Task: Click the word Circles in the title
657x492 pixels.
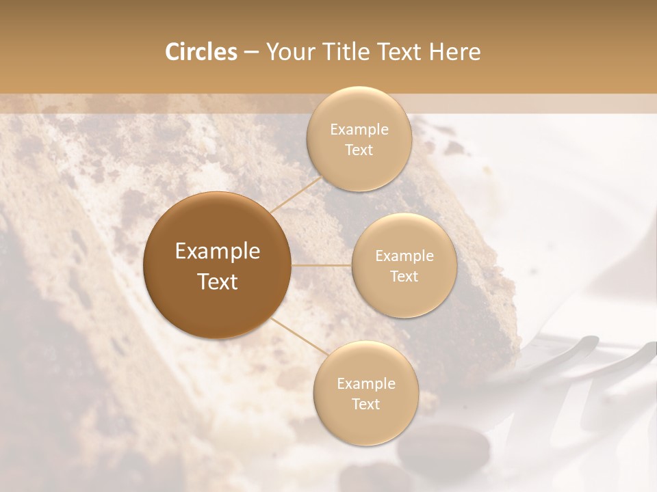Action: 201,52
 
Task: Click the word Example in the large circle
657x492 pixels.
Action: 218,251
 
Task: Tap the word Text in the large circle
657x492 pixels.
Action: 218,282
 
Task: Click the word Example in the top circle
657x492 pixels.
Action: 359,130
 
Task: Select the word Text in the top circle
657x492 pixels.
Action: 359,150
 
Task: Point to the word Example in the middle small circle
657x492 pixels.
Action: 404,256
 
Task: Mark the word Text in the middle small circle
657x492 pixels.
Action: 404,277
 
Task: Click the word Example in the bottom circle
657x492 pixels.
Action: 366,384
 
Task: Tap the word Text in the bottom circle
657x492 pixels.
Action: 366,405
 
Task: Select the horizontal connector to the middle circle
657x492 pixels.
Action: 322,265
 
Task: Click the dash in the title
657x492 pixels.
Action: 251,53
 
